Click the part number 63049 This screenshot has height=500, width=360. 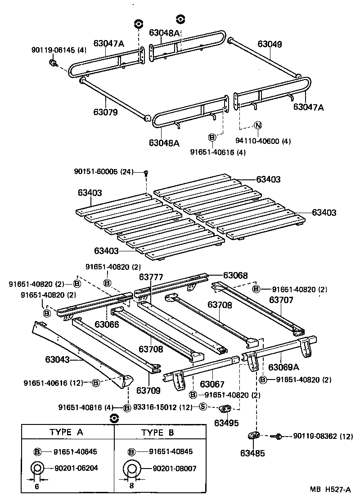[x=270, y=44]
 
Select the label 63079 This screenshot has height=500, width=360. [x=106, y=112]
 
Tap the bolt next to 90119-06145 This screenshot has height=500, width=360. [x=52, y=63]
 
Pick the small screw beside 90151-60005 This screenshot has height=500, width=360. [x=146, y=172]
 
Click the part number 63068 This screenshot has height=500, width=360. [x=235, y=275]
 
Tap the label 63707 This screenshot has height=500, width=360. [x=282, y=299]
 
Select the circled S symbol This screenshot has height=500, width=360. [x=203, y=407]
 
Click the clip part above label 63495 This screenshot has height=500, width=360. [x=225, y=409]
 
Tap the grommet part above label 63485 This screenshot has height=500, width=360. [x=254, y=435]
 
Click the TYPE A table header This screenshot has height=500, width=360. [x=66, y=432]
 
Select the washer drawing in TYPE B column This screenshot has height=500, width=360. [x=131, y=469]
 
